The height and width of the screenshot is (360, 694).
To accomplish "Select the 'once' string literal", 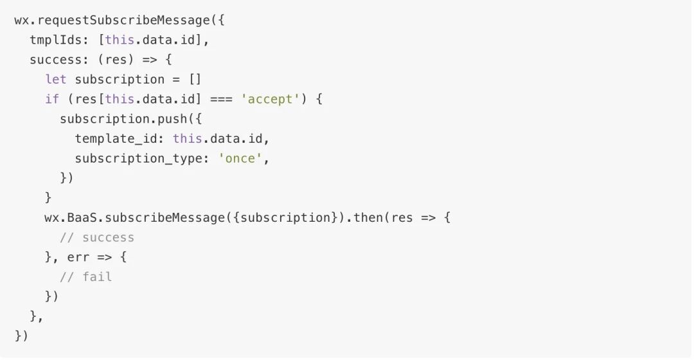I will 241,158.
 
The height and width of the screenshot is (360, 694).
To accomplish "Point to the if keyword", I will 52,99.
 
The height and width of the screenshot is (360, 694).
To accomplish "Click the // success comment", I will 97,237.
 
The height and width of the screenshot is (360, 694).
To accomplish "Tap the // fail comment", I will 86,276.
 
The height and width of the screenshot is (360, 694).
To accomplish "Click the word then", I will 368,217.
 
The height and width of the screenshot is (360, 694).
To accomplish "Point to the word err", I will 78,257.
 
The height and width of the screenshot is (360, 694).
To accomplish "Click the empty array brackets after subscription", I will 195,79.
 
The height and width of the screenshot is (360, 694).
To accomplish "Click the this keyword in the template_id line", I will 187,138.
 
